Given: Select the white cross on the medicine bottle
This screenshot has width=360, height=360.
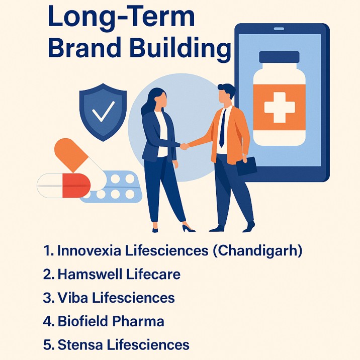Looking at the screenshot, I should point(279,107).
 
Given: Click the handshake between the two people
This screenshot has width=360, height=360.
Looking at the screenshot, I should point(186,146).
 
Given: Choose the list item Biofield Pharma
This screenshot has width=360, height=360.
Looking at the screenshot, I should point(111,321).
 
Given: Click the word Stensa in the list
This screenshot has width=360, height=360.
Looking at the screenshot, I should point(78,345).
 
